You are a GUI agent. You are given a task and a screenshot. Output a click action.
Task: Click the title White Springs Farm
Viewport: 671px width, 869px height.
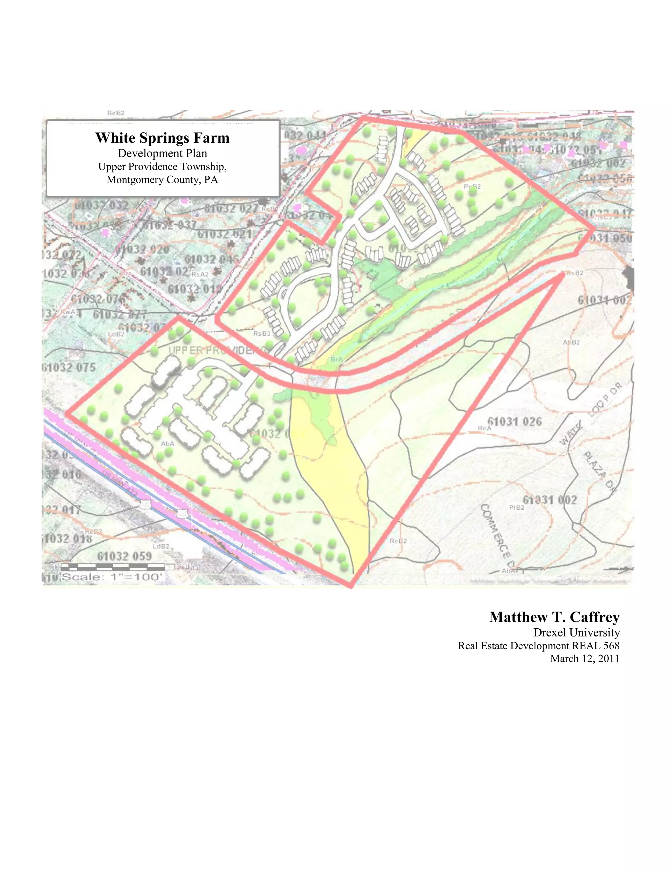point(162,138)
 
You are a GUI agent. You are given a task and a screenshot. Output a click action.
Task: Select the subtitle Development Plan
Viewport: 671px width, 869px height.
point(162,153)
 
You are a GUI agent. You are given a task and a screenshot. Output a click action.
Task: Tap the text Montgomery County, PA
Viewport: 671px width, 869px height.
point(162,180)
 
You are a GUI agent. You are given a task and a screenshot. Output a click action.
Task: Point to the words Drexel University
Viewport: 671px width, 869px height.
point(576,633)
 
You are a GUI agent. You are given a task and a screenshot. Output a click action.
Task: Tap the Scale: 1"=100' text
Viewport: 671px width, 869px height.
point(112,577)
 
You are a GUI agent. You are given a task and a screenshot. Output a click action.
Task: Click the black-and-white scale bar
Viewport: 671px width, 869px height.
point(115,567)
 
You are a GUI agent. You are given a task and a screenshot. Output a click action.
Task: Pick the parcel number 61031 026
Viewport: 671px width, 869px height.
point(514,422)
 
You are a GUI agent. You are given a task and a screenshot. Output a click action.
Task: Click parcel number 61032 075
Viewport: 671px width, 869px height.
point(69,367)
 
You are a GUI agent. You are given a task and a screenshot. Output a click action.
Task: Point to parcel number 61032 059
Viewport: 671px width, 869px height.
point(124,556)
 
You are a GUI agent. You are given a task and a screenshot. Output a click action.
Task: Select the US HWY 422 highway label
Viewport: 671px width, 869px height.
point(119,483)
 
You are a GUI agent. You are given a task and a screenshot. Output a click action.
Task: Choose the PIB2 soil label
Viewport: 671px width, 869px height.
point(516,508)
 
